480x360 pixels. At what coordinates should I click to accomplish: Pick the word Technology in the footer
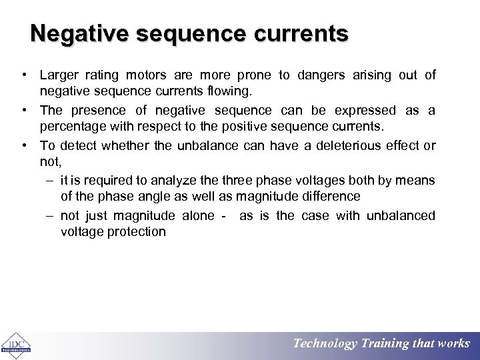point(325,344)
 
